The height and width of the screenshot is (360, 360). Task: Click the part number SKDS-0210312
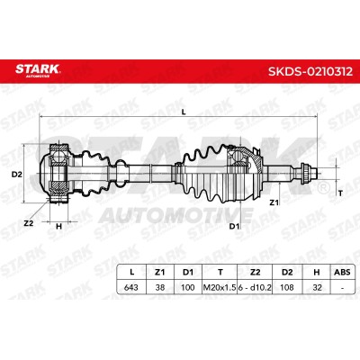tap(310, 71)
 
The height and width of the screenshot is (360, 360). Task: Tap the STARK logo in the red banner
tap(38, 70)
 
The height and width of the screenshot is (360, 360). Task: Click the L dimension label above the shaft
tap(184, 112)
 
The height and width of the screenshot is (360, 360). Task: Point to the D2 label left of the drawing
tap(17, 174)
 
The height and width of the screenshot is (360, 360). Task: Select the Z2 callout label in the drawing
tap(29, 223)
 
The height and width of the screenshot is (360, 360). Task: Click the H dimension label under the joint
tap(58, 226)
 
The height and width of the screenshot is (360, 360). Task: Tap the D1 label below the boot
tap(235, 226)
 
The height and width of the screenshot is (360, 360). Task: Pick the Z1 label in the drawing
tap(274, 202)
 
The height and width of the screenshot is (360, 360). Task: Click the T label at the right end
tap(340, 193)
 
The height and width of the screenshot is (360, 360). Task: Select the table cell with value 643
tap(131, 287)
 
